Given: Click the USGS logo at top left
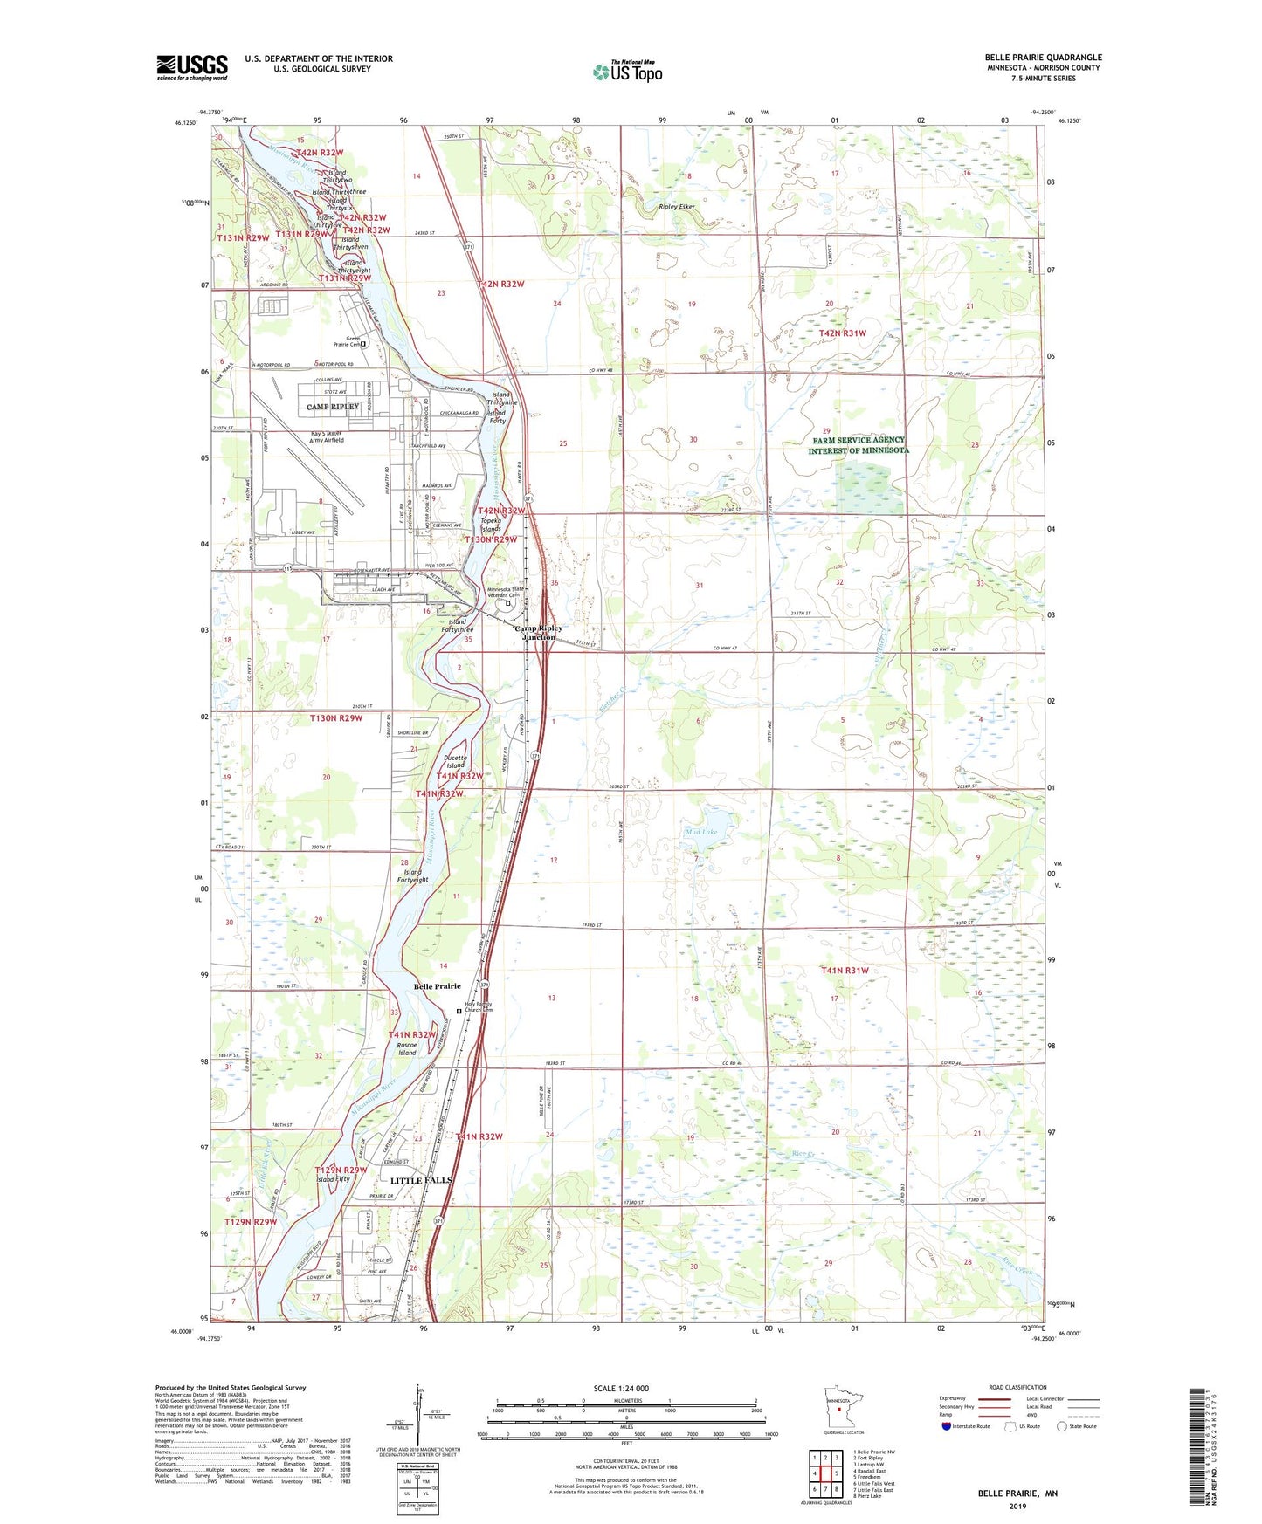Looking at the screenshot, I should coord(192,67).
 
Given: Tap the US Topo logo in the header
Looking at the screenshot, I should coord(628,72).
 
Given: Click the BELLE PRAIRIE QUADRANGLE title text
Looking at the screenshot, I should coord(1043,58).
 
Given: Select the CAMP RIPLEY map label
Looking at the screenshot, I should coord(333,407).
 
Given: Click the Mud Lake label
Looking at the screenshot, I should coord(700,833).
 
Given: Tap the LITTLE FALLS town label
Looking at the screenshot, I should coord(421,1180).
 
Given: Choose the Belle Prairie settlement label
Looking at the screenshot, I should coord(437,986).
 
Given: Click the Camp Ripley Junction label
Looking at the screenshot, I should coord(538,633).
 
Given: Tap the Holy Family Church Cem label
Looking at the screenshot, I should coord(478,1007).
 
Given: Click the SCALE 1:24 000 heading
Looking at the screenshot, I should coord(621,1388).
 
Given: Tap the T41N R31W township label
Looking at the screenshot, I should coord(844,971).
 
